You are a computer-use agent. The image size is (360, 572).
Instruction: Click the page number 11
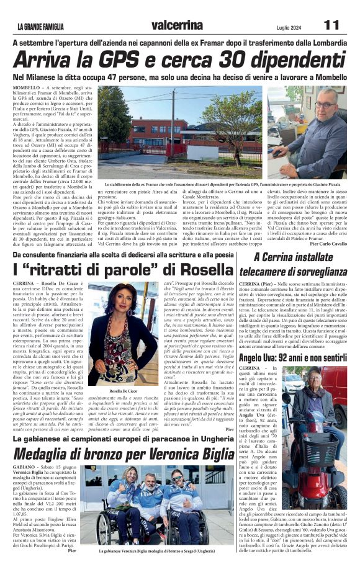click(x=333, y=25)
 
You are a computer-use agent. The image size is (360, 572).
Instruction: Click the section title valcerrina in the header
click(x=176, y=25)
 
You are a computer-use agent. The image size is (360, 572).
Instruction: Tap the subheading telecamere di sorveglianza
click(x=293, y=270)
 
